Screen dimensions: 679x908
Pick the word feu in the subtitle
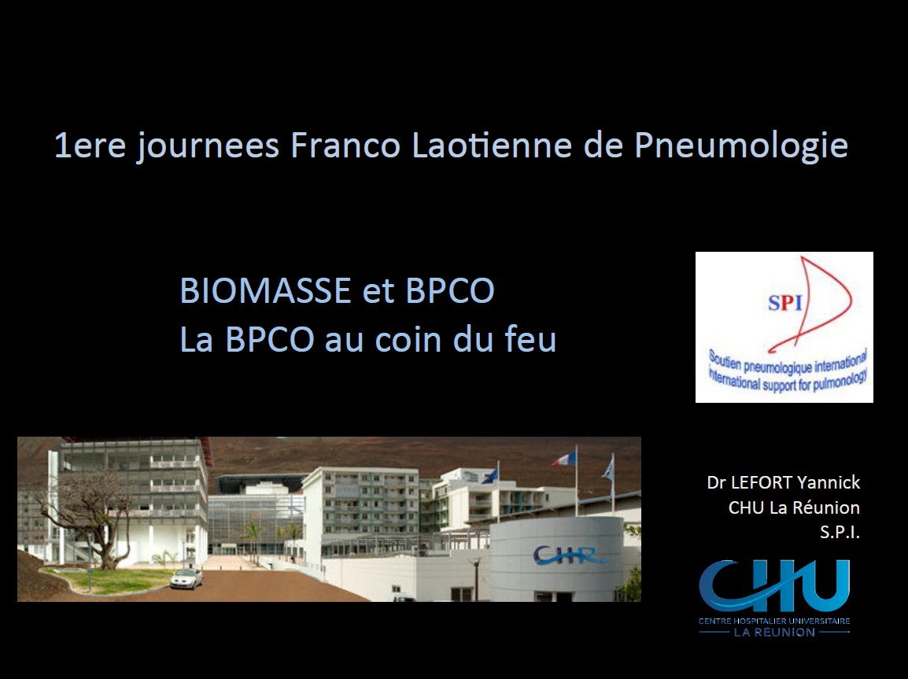click(530, 339)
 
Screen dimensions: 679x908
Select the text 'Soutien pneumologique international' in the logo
click(787, 364)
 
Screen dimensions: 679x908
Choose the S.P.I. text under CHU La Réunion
click(840, 533)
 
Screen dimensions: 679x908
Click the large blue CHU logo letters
click(774, 586)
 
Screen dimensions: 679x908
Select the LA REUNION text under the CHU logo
click(774, 632)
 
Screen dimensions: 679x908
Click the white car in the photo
click(186, 579)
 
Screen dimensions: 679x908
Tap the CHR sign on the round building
click(569, 555)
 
